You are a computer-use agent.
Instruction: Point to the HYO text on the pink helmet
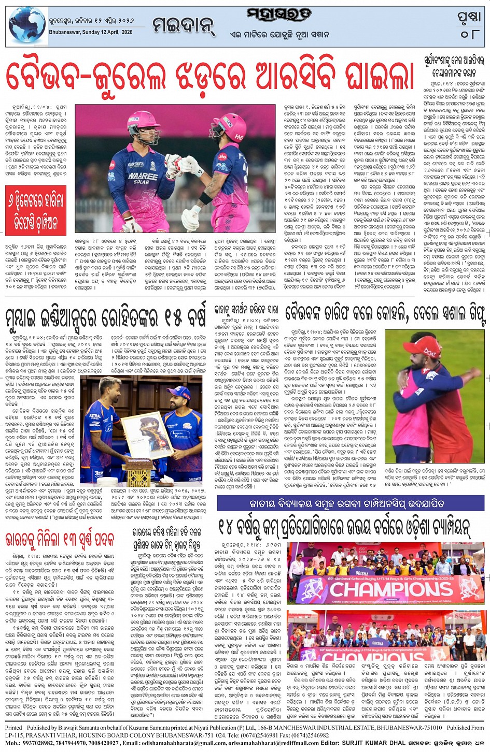pyautogui.click(x=239, y=136)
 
